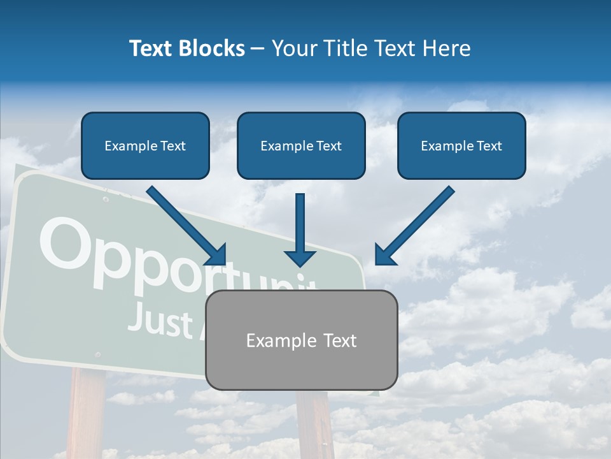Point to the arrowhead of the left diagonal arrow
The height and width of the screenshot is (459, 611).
pyautogui.click(x=216, y=255)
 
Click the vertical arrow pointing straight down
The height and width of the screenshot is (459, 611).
pyautogui.click(x=300, y=229)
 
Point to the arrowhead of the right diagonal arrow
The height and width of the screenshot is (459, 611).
pyautogui.click(x=384, y=255)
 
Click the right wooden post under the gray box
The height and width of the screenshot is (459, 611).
pyautogui.click(x=315, y=424)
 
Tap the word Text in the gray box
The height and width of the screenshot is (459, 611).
pyautogui.click(x=340, y=340)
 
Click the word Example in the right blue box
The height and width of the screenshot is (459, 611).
pyautogui.click(x=445, y=146)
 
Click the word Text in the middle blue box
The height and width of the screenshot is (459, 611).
pyautogui.click(x=328, y=146)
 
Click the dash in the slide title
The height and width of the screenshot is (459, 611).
pyautogui.click(x=258, y=48)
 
